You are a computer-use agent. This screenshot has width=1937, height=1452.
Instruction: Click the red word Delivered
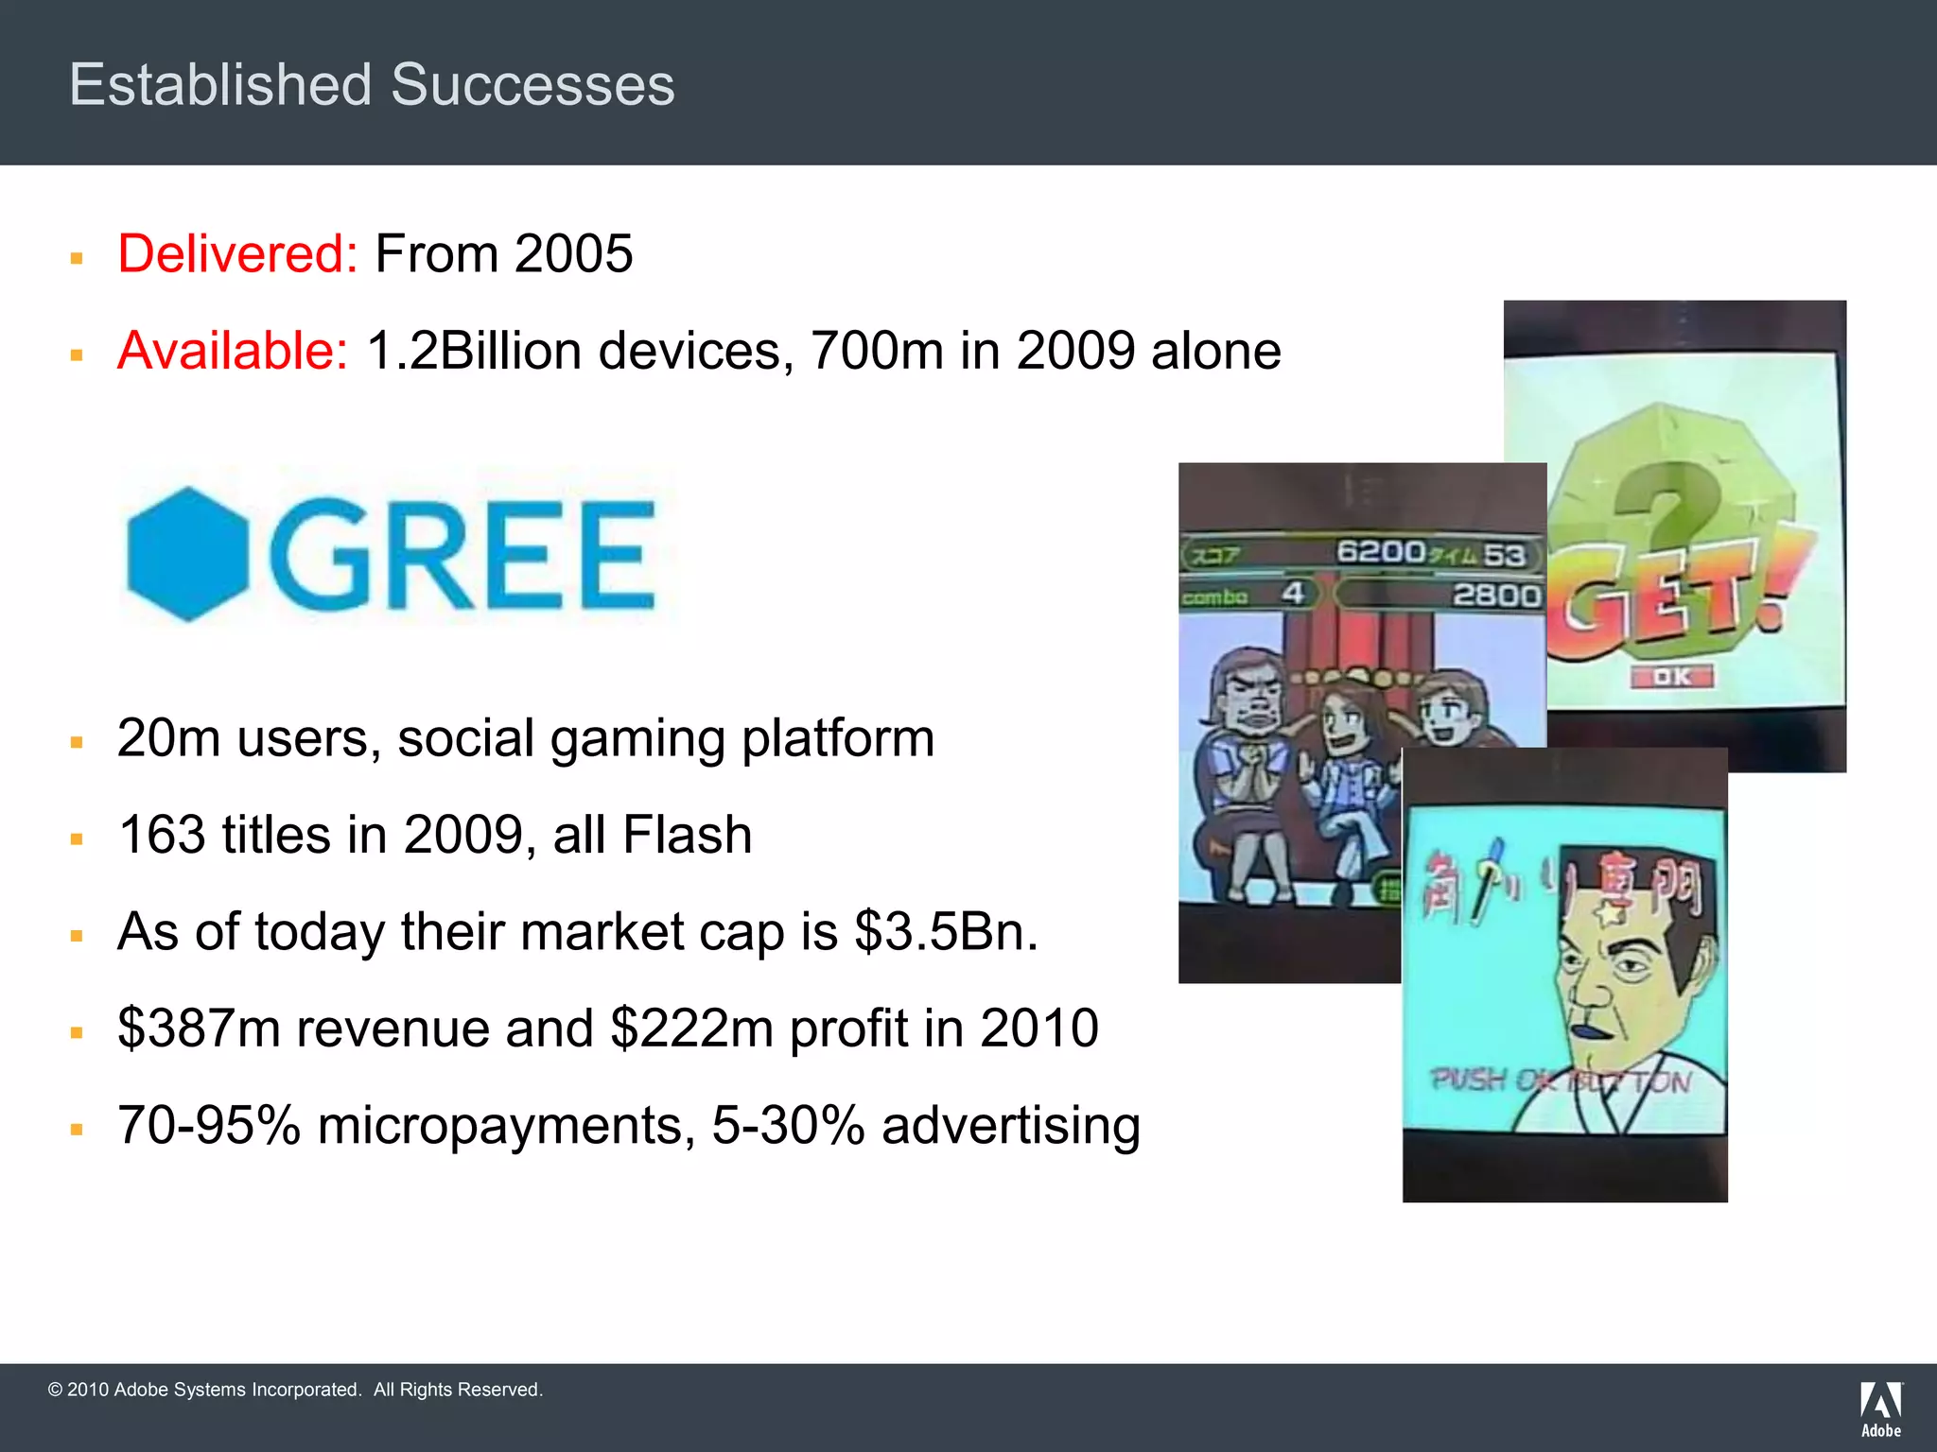pos(236,254)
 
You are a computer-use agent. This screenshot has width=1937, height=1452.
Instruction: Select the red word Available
pos(233,351)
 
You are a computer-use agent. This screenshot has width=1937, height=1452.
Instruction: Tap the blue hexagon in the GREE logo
pos(187,554)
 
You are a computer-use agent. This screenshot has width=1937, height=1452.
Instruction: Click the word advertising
pos(1010,1126)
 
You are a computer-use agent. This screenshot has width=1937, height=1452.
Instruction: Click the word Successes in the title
pos(532,85)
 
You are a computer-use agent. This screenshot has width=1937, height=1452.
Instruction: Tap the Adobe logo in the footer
pos(1881,1409)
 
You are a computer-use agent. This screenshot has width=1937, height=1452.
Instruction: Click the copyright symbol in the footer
pos(55,1390)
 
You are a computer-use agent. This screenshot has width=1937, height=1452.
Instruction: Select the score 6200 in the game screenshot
pos(1380,551)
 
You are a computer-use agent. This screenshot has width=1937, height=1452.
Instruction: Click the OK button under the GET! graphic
pos(1672,677)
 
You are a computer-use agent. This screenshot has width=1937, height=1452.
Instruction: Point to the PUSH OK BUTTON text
pos(1561,1080)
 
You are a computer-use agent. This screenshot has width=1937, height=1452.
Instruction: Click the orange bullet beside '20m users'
pos(77,742)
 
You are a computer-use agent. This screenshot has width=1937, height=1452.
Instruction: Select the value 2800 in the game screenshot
pos(1496,596)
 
